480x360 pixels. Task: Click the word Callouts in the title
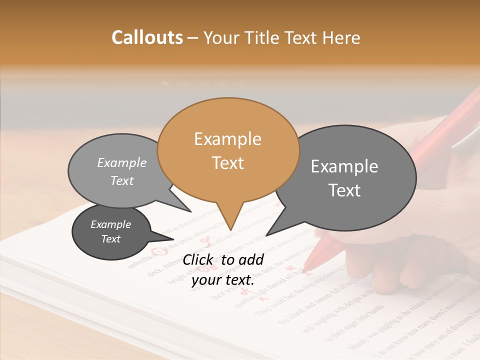pyautogui.click(x=147, y=37)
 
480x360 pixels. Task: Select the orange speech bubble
pyautogui.click(x=228, y=150)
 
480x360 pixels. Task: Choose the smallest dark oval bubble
pyautogui.click(x=111, y=232)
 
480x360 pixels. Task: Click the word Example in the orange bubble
pyautogui.click(x=228, y=139)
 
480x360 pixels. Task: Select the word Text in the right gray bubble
pyautogui.click(x=345, y=190)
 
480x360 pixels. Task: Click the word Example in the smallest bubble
pyautogui.click(x=111, y=224)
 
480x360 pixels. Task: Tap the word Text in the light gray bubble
pyautogui.click(x=122, y=181)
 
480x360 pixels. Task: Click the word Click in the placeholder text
pyautogui.click(x=199, y=259)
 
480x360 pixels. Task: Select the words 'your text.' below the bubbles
pyautogui.click(x=223, y=280)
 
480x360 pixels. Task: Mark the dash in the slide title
pyautogui.click(x=193, y=38)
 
